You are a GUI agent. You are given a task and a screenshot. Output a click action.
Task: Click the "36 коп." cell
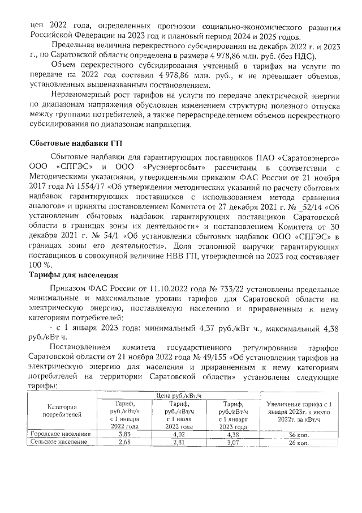pyautogui.click(x=298, y=434)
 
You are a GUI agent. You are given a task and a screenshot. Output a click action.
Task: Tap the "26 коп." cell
pyautogui.click(x=298, y=441)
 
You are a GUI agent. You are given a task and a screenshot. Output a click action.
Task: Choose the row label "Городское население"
pyautogui.click(x=61, y=434)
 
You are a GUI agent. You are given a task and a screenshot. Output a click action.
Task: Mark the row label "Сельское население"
pyautogui.click(x=59, y=441)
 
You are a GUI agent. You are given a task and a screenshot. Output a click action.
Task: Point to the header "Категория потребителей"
pyautogui.click(x=61, y=410)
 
